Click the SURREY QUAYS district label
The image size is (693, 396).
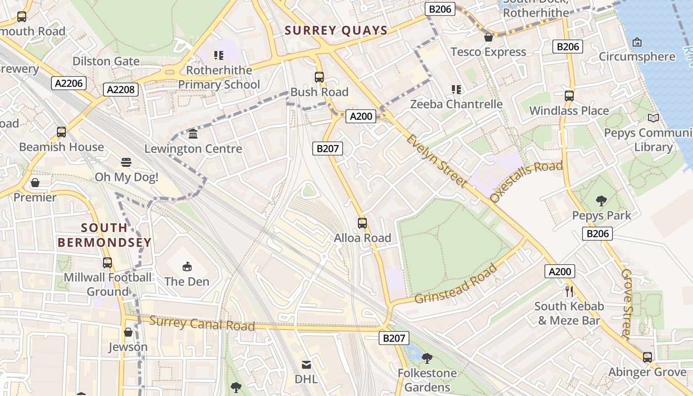[336, 31]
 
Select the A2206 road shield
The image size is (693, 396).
[69, 84]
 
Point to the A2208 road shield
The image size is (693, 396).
[121, 90]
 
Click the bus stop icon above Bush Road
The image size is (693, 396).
[319, 77]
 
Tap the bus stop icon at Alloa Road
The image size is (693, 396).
[362, 223]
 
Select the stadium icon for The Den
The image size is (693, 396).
[187, 267]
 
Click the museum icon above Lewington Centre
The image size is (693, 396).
[193, 134]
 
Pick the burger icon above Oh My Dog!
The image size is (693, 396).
[126, 162]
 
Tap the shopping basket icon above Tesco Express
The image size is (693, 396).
[488, 37]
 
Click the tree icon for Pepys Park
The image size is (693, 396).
[601, 200]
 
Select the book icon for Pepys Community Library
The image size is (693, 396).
[653, 118]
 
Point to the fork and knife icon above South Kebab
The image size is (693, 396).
[569, 291]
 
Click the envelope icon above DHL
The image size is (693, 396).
[306, 365]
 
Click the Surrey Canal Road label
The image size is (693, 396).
[202, 323]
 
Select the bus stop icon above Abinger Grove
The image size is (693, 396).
[647, 357]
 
